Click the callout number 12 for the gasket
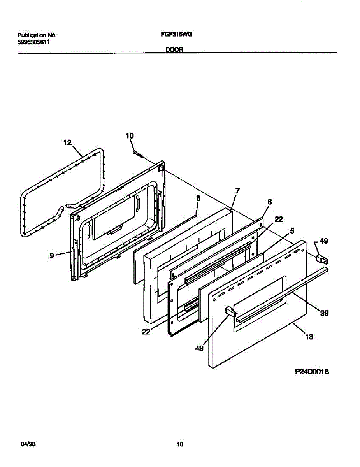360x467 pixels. [x=67, y=143]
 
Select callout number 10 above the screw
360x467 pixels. [x=130, y=135]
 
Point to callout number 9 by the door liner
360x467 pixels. [x=52, y=256]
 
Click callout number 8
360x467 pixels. [x=198, y=198]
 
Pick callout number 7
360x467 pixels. [x=237, y=191]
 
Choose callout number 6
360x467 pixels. [x=270, y=202]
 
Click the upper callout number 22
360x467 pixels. [x=279, y=219]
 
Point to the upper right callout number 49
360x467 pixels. [x=323, y=241]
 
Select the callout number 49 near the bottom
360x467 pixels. [x=199, y=349]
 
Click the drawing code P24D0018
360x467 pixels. [x=312, y=372]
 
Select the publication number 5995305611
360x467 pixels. [x=33, y=42]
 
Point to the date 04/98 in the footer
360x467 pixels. [x=25, y=444]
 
